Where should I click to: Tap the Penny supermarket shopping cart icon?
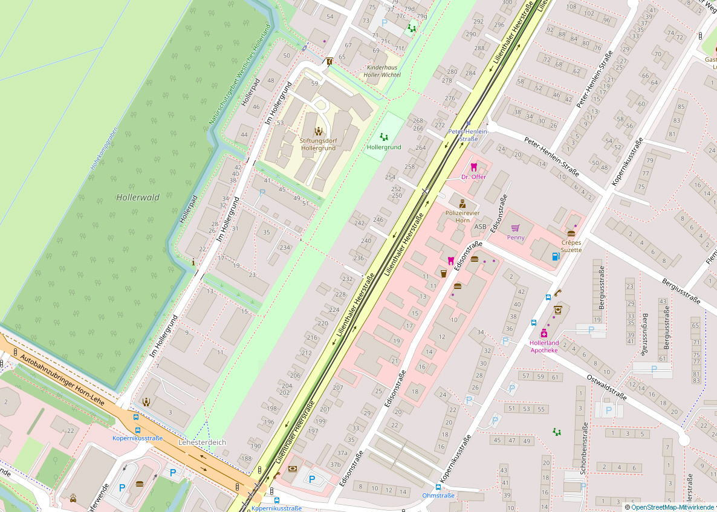pyautogui.click(x=516, y=228)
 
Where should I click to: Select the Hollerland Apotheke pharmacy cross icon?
pyautogui.click(x=544, y=334)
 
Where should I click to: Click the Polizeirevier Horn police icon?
pyautogui.click(x=462, y=204)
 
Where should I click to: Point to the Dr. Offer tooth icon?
pyautogui.click(x=473, y=167)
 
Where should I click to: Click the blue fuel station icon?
pyautogui.click(x=555, y=255)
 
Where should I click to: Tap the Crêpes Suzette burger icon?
pyautogui.click(x=571, y=233)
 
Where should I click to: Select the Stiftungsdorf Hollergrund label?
pyautogui.click(x=317, y=144)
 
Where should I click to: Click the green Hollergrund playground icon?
pyautogui.click(x=383, y=137)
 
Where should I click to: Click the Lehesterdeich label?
pyautogui.click(x=202, y=442)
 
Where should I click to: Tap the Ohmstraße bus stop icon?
pyautogui.click(x=438, y=487)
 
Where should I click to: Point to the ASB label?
pyautogui.click(x=480, y=227)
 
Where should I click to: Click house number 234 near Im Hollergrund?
pyautogui.click(x=284, y=247)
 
